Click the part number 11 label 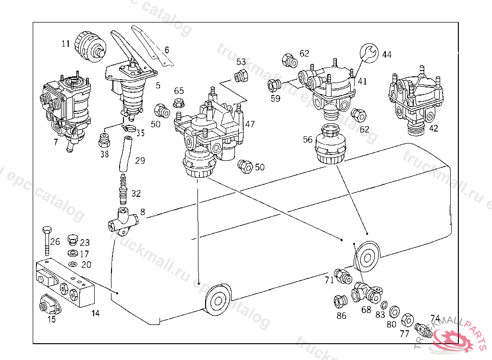click(66, 44)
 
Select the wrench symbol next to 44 click(369, 52)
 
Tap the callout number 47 click(250, 124)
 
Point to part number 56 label click(307, 140)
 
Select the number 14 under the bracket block click(96, 313)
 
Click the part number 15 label click(51, 319)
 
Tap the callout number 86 click(341, 315)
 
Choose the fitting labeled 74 click(423, 329)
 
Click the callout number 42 click(433, 128)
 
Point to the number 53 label click(241, 62)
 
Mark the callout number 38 click(104, 154)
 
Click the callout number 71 click(329, 280)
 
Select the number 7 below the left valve click(56, 143)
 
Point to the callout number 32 click(136, 194)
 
